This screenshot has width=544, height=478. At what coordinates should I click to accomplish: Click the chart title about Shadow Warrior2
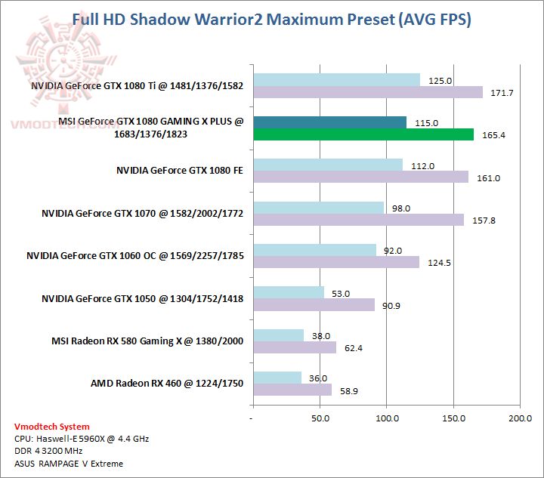point(271,19)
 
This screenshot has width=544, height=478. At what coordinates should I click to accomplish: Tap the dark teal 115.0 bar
point(330,122)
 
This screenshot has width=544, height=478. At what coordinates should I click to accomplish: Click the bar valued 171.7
point(368,93)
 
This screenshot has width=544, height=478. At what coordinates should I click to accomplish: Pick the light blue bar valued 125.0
point(337,80)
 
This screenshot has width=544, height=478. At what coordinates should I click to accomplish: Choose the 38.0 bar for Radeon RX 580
point(279,335)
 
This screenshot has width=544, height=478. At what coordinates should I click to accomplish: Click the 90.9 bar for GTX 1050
point(314,305)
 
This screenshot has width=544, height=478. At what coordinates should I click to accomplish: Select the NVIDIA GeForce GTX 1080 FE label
point(180,171)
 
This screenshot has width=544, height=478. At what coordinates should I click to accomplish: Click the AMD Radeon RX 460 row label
point(167,384)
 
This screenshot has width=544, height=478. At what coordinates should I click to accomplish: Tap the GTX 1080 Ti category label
point(138,85)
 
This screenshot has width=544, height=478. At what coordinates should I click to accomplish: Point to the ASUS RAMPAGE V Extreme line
point(69,463)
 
